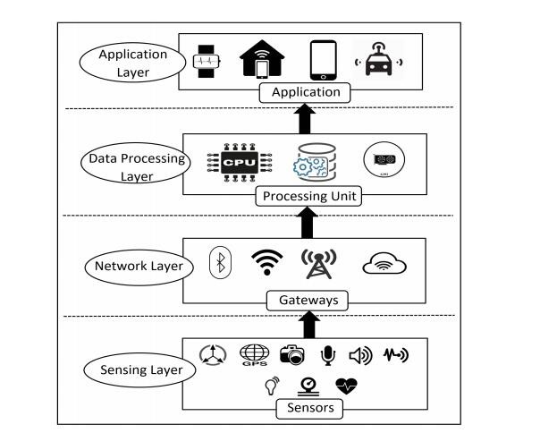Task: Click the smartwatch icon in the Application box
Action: pyautogui.click(x=206, y=63)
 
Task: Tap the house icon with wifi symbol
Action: pyautogui.click(x=259, y=60)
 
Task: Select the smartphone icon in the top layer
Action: pyautogui.click(x=324, y=61)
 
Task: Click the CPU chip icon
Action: pyautogui.click(x=232, y=164)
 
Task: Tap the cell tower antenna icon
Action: pyautogui.click(x=319, y=264)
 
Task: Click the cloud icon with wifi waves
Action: pyautogui.click(x=384, y=263)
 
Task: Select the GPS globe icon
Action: pyautogui.click(x=254, y=355)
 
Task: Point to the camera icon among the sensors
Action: pyautogui.click(x=292, y=354)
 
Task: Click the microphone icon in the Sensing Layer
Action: pyautogui.click(x=328, y=355)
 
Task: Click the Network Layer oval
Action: pyautogui.click(x=140, y=266)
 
